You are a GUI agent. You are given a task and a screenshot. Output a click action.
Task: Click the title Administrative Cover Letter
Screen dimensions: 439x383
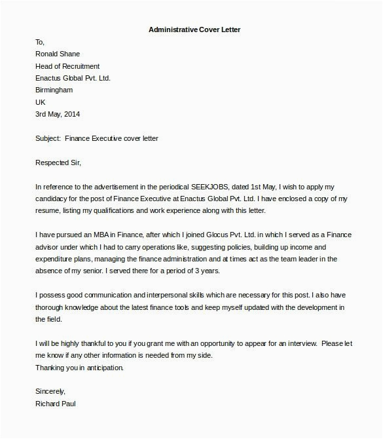(x=190, y=29)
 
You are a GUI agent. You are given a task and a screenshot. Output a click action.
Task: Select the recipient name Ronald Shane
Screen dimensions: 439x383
(x=58, y=54)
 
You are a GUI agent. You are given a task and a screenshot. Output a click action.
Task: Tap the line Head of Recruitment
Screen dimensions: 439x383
(x=68, y=66)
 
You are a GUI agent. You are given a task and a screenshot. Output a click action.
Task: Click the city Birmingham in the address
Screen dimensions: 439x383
(x=54, y=90)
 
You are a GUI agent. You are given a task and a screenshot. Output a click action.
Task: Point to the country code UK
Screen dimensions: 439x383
(x=41, y=102)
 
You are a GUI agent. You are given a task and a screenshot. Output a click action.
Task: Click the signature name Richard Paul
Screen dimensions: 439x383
(x=57, y=404)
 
